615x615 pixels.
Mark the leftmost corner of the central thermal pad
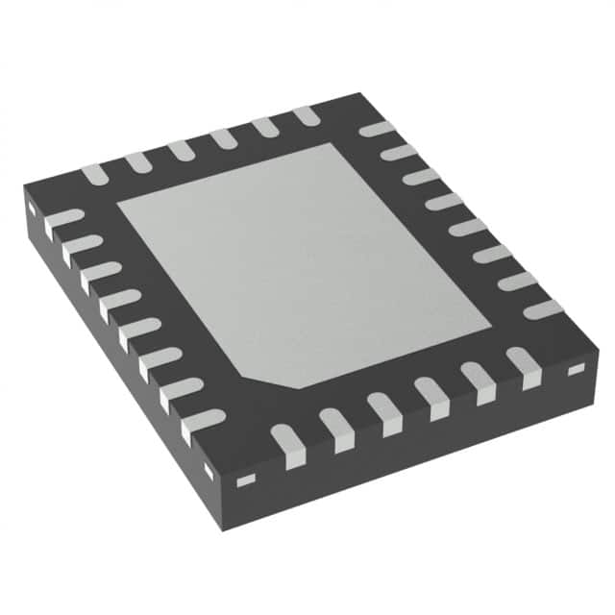click(118, 204)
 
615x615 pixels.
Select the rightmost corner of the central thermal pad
click(491, 316)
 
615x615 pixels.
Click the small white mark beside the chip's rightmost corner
click(576, 369)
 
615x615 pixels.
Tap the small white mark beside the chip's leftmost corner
click(31, 207)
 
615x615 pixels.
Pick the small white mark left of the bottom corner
click(209, 470)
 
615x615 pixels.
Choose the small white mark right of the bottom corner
click(246, 479)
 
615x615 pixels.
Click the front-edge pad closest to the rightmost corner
click(525, 367)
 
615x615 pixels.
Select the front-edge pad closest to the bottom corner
click(287, 445)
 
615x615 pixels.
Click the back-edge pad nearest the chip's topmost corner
click(307, 115)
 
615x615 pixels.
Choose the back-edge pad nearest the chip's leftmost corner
click(93, 174)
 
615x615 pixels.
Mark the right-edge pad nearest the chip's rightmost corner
click(543, 308)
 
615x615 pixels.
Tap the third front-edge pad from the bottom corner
click(383, 412)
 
